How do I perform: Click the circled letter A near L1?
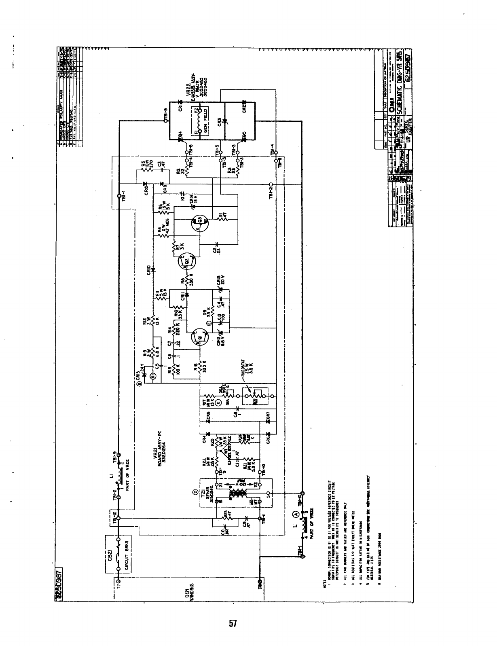point(296,515)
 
